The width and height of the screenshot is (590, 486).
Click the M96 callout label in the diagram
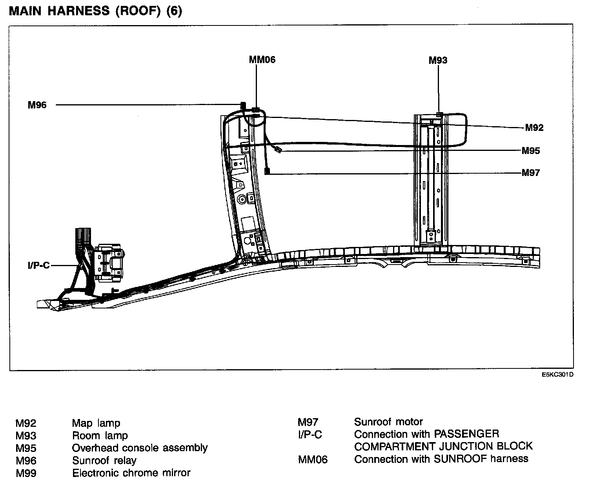pos(37,105)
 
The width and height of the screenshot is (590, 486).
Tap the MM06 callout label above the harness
pos(262,60)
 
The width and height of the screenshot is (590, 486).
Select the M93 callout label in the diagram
pos(438,60)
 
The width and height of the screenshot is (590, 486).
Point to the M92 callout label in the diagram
pos(534,128)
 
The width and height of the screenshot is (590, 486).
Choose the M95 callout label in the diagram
pos(530,151)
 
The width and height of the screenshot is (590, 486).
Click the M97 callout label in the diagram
pos(530,173)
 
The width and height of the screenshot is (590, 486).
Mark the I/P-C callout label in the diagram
pos(38,265)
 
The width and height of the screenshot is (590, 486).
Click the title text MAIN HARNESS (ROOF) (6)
pos(95,11)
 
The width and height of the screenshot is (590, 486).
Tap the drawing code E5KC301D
pos(557,375)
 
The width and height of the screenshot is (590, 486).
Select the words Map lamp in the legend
pos(96,423)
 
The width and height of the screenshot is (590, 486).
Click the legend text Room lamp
pos(100,435)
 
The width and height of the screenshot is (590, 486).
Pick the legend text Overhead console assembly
pos(140,448)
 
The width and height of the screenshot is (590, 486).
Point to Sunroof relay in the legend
pos(104,461)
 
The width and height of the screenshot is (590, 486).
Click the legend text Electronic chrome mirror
pos(131,473)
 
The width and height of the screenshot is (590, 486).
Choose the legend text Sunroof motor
pos(388,422)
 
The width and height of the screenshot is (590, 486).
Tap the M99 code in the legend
pos(26,473)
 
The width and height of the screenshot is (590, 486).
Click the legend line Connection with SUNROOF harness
pos(441,459)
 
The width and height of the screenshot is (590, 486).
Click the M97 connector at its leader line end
pos(267,172)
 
